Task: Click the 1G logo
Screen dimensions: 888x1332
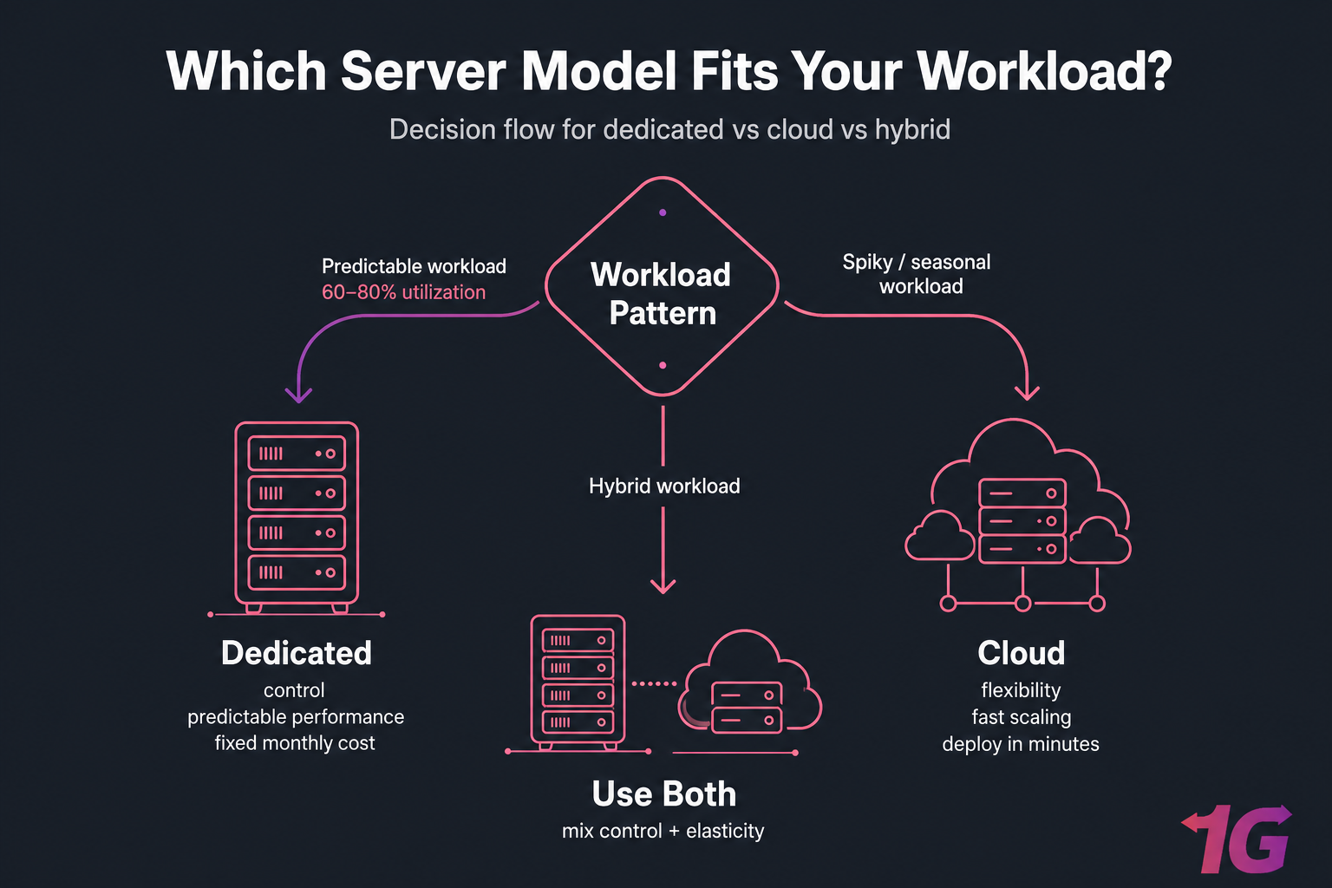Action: coord(1237,839)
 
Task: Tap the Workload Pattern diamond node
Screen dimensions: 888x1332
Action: coord(663,293)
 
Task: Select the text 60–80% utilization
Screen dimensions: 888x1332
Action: coord(403,292)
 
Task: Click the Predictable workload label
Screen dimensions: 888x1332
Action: coord(414,266)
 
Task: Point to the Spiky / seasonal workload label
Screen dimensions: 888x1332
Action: coord(917,274)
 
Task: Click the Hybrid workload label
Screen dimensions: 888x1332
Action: coord(664,486)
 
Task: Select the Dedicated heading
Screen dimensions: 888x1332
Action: coord(296,653)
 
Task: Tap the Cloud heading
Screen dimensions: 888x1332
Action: coord(1021,653)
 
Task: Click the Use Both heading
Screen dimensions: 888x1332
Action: coord(663,793)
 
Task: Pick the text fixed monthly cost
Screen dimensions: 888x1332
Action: coord(295,743)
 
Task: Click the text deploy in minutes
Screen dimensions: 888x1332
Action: coord(1021,744)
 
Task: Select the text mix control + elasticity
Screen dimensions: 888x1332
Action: coord(663,831)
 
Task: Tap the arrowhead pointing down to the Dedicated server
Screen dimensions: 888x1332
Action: coord(298,395)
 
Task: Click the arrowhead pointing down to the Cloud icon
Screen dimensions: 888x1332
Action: coord(1027,392)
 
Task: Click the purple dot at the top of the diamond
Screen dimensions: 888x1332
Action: coord(663,212)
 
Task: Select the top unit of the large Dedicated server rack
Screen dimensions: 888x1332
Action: coord(297,454)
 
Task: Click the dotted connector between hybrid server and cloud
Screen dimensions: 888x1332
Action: coord(654,683)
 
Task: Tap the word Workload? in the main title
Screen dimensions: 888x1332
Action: coord(1044,71)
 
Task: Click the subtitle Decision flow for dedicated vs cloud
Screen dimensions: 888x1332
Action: coord(669,129)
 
